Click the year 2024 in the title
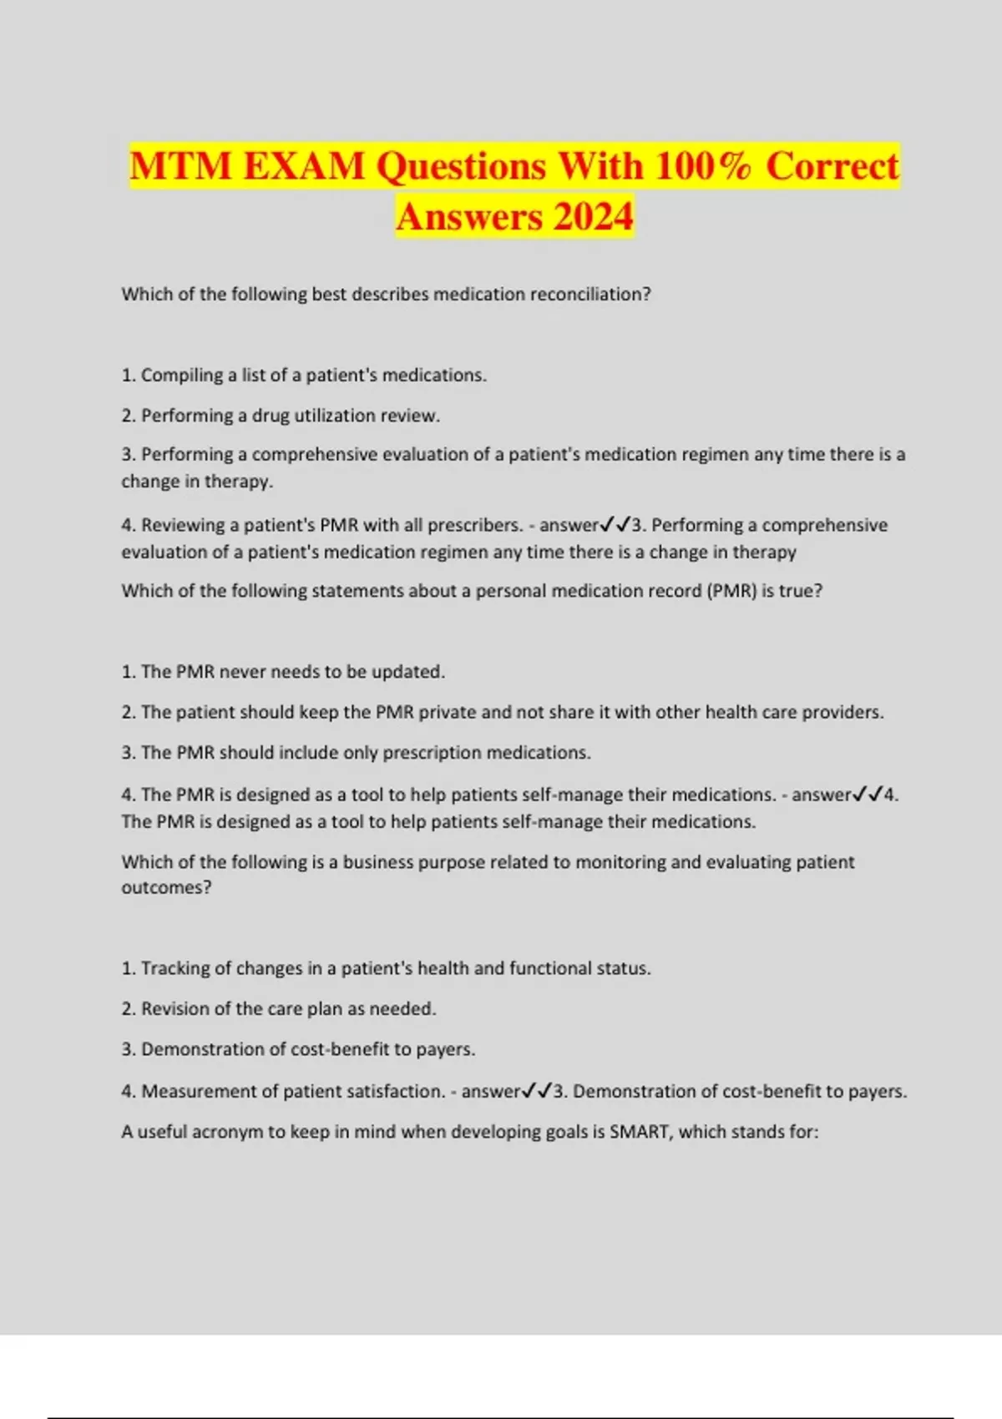592,216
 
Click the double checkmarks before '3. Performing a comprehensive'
615,525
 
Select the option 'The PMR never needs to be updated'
284,671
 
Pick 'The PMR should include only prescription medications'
357,752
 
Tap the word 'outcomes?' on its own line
166,887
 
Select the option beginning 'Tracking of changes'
387,968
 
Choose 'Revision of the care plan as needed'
279,1008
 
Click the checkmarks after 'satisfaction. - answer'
537,1091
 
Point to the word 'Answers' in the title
469,216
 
